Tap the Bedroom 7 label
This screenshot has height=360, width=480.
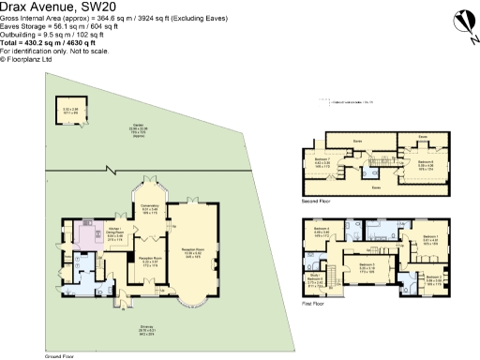point(322,161)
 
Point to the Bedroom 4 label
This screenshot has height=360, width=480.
point(322,232)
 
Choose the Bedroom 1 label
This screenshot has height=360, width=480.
point(430,238)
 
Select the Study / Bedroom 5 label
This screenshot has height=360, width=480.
point(315,278)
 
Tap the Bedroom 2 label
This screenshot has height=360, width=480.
point(433,278)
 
